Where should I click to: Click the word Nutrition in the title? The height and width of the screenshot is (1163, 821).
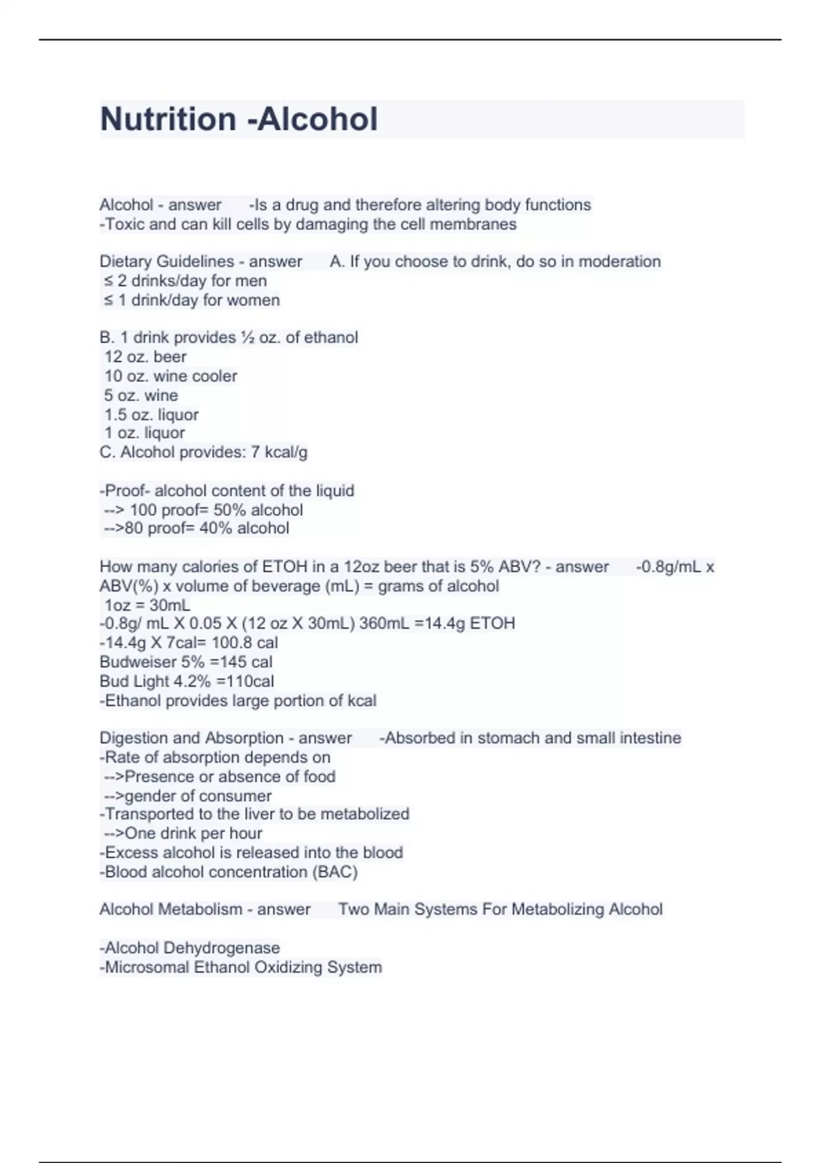168,119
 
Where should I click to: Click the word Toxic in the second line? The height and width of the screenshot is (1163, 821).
124,224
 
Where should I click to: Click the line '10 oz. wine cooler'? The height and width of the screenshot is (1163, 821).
170,376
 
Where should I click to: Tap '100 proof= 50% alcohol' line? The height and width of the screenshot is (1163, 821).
203,510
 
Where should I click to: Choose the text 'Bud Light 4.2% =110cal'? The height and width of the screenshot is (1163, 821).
187,681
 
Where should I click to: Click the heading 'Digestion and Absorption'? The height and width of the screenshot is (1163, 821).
192,738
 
